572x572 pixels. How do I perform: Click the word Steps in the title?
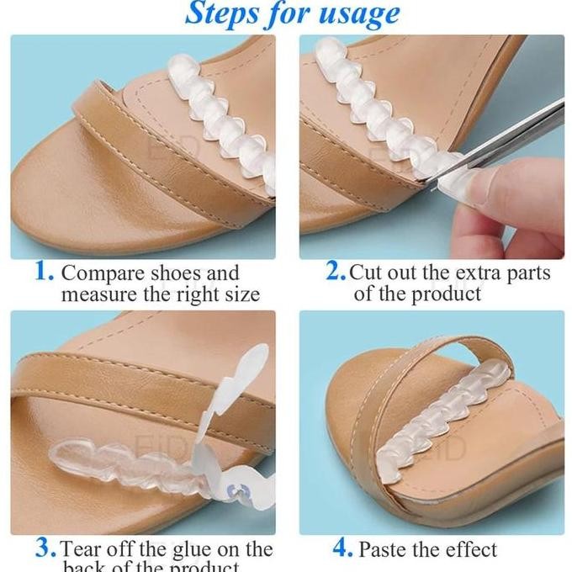pyautogui.click(x=220, y=13)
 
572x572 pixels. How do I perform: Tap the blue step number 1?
pyautogui.click(x=44, y=272)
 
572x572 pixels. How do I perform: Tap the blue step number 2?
pyautogui.click(x=336, y=272)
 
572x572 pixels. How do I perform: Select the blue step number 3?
pyautogui.click(x=45, y=549)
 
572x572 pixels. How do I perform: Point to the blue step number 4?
pyautogui.click(x=342, y=548)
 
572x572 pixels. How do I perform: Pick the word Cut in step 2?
pyautogui.click(x=366, y=273)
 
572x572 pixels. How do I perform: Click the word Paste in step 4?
pyautogui.click(x=384, y=549)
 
